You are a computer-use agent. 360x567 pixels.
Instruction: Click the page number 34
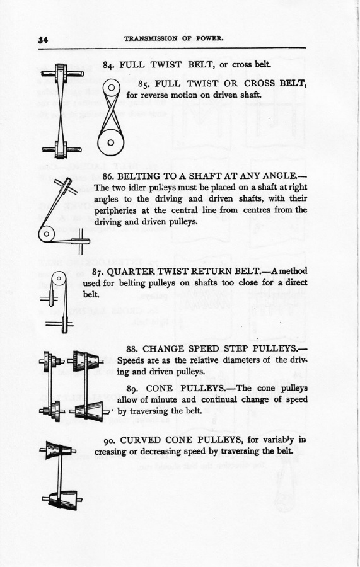[x=43, y=40]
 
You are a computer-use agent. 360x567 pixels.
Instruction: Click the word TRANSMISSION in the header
[x=151, y=38]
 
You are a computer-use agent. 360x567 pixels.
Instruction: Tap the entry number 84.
[x=108, y=65]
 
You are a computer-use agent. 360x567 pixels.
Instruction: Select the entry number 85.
[x=145, y=84]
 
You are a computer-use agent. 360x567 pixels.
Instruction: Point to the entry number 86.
[x=108, y=176]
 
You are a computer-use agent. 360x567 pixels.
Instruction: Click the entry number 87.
[x=98, y=272]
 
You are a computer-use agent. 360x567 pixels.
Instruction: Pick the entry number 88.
[x=132, y=349]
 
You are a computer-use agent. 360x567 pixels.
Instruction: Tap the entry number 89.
[x=133, y=388]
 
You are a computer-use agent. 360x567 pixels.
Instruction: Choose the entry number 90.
[x=110, y=440]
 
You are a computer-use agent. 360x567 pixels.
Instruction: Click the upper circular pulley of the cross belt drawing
[x=111, y=88]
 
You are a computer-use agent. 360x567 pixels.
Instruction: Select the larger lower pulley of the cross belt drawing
[x=111, y=142]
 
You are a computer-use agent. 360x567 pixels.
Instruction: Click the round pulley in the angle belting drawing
[x=46, y=234]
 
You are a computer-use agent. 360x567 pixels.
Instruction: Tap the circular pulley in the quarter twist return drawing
[x=59, y=280]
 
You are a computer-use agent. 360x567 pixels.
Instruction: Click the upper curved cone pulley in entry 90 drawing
[x=58, y=450]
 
